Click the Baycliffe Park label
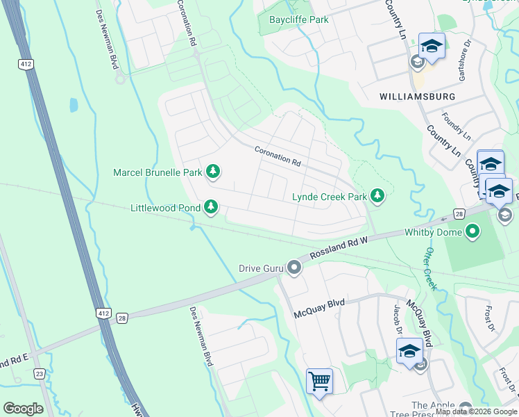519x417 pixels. pyautogui.click(x=298, y=19)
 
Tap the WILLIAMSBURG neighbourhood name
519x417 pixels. pyautogui.click(x=417, y=96)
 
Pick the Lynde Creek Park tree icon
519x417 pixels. pyautogui.click(x=377, y=197)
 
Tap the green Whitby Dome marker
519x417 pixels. pyautogui.click(x=473, y=231)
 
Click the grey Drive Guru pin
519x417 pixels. pyautogui.click(x=294, y=268)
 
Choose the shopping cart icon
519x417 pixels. pyautogui.click(x=319, y=381)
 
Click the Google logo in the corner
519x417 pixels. pyautogui.click(x=23, y=409)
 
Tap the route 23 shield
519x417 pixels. pyautogui.click(x=39, y=373)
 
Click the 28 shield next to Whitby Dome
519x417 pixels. pyautogui.click(x=459, y=215)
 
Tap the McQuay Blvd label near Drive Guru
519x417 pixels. pyautogui.click(x=320, y=303)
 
